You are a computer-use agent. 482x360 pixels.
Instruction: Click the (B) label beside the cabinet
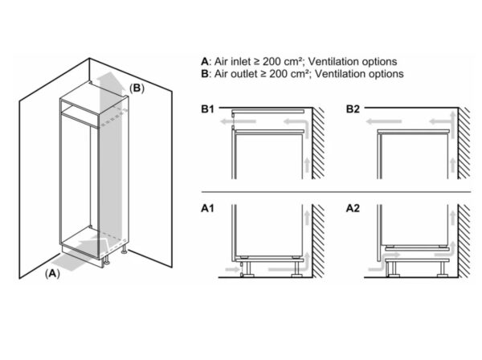point(138,88)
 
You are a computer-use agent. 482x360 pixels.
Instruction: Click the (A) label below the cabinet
point(52,272)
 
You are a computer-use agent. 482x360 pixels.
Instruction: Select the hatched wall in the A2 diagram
point(462,241)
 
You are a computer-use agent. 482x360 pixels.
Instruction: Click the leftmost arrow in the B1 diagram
point(245,120)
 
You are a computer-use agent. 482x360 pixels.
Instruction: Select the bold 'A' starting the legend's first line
point(206,61)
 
